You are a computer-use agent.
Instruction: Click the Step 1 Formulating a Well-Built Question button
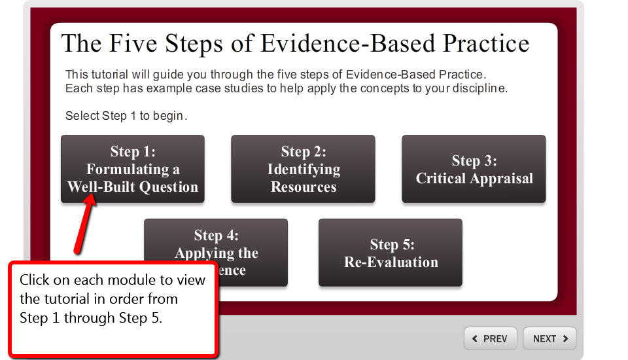point(133,169)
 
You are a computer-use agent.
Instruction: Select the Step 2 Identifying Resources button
point(303,169)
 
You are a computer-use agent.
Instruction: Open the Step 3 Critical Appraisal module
point(474,169)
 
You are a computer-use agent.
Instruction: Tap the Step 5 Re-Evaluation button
point(391,253)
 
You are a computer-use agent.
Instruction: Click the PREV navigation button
point(491,338)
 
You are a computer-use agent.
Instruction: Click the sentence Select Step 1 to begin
point(126,116)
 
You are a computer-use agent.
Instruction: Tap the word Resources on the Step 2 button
point(304,187)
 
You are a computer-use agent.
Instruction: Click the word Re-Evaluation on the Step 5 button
point(391,262)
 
